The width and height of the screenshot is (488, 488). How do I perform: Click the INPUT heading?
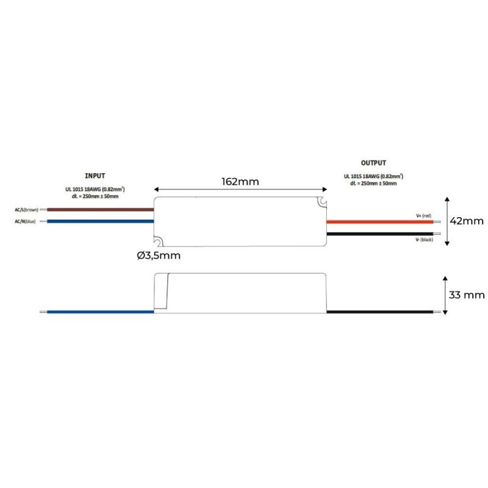point(95,176)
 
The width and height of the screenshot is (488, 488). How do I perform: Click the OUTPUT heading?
point(373,163)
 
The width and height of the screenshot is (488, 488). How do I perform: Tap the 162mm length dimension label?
point(240,181)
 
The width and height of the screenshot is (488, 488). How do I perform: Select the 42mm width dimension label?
point(467,221)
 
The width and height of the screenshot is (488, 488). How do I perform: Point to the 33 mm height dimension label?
point(467,295)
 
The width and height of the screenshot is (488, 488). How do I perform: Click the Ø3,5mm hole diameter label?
point(159,256)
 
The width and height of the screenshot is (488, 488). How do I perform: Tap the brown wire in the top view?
point(101,210)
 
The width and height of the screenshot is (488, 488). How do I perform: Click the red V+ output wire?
point(379,222)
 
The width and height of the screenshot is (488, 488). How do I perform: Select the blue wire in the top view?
point(101,221)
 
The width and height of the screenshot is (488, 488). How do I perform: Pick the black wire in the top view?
point(379,234)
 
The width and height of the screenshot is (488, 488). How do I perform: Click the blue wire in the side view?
point(101,312)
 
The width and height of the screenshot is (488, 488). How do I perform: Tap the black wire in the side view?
point(379,312)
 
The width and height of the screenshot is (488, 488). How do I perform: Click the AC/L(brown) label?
point(26,210)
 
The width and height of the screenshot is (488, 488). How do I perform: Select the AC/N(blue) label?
point(25,221)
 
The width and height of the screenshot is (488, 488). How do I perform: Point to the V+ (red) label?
point(423,216)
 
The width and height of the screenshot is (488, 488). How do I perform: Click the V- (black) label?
point(424,239)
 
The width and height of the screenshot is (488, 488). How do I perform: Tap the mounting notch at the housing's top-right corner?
point(321,202)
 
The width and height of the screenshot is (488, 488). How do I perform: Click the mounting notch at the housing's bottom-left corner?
point(159,241)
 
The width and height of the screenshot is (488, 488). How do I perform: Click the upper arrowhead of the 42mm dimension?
point(447,199)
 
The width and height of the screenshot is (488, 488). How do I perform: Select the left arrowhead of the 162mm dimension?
point(157,190)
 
